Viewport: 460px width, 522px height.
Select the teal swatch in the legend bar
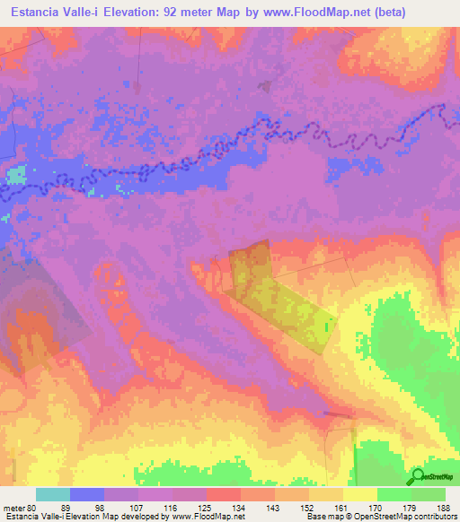[52, 494]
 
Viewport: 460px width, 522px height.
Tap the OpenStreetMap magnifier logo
[417, 476]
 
